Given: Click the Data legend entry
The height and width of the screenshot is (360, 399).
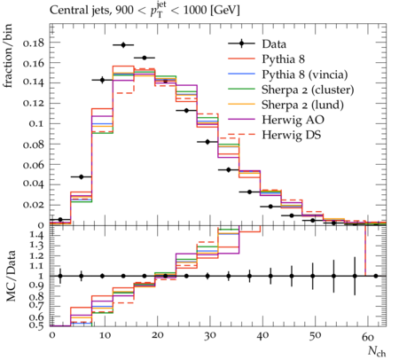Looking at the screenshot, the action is click(274, 44).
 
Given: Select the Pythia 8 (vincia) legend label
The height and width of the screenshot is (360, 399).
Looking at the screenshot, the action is click(305, 74).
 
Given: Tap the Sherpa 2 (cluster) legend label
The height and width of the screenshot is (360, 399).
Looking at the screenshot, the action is click(308, 90).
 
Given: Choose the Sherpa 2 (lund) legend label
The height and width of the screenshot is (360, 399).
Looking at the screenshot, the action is click(302, 105).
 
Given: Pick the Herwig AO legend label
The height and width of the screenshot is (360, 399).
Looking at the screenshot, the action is click(293, 120).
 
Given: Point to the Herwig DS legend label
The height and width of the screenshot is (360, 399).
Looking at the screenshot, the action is click(292, 135).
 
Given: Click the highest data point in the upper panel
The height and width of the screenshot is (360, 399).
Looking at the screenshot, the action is click(123, 45).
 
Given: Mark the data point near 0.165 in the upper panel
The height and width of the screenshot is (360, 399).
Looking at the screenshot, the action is click(145, 58).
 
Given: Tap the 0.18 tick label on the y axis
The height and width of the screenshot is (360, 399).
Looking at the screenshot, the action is click(33, 43).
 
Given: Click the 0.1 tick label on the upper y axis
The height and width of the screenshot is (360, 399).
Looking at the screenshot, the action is click(36, 124).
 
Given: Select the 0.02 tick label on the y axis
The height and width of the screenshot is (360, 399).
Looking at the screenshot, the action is click(33, 205).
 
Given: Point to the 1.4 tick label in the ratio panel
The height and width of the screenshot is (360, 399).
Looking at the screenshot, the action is click(36, 236).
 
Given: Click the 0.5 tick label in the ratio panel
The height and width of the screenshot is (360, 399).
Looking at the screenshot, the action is click(36, 325).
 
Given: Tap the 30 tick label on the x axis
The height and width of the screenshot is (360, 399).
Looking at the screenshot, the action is click(209, 336).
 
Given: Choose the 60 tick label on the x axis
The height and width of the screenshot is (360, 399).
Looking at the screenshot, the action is click(368, 336).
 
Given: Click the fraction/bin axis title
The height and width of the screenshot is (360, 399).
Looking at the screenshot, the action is click(8, 56).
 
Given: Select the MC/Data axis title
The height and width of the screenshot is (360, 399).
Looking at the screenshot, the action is click(11, 276).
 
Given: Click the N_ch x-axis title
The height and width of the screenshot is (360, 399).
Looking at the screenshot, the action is click(377, 351).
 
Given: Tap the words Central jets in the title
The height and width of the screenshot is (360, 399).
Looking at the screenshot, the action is click(78, 11).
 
